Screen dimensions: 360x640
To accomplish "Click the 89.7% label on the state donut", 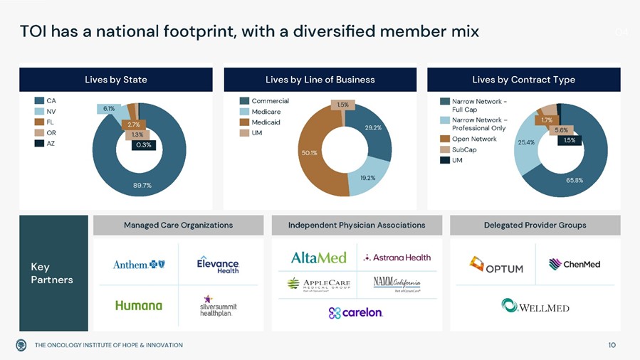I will [142, 185].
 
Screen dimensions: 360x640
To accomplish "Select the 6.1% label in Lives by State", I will [109, 109].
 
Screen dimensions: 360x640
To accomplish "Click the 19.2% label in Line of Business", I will [367, 178].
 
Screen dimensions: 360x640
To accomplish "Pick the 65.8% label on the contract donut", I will [575, 180].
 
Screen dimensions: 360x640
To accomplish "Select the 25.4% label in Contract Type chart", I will [526, 142].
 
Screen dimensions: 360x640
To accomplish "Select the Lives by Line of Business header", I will [320, 79].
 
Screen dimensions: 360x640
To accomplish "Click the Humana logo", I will [139, 305].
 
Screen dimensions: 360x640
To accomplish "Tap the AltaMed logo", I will [318, 258].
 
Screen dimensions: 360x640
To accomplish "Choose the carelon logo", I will [356, 312].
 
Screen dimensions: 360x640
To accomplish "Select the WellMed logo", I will [535, 306].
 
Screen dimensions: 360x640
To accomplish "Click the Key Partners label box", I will [53, 273].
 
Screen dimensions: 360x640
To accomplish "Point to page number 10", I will [612, 345].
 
